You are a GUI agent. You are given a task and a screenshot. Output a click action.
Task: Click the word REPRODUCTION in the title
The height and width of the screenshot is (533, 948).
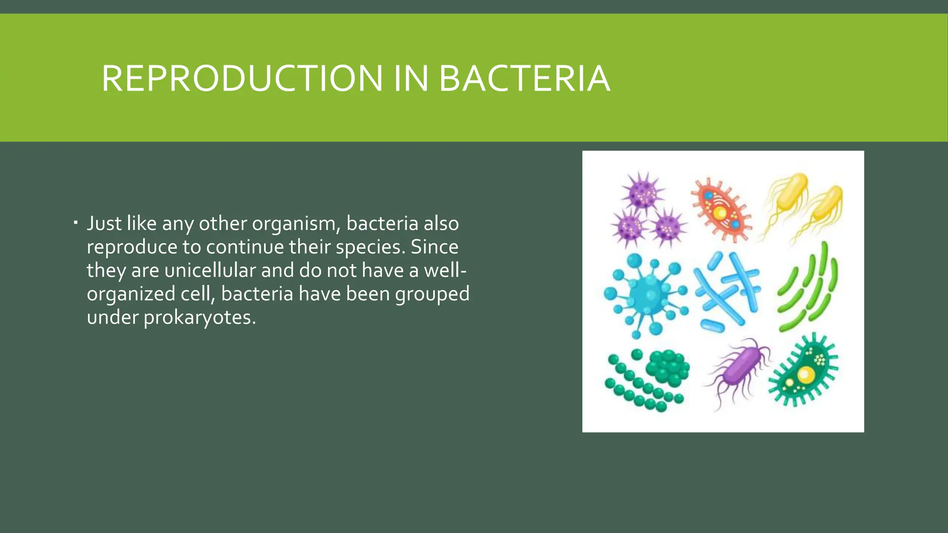click(x=242, y=79)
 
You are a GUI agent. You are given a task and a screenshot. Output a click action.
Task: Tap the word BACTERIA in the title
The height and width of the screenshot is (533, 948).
click(x=524, y=79)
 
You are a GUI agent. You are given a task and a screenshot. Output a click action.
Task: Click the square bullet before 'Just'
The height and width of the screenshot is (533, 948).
click(x=75, y=224)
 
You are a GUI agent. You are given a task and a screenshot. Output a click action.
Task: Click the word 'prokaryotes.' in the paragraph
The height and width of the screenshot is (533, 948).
click(x=200, y=318)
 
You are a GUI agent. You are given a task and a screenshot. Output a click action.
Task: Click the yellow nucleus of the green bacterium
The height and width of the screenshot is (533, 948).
click(x=805, y=374)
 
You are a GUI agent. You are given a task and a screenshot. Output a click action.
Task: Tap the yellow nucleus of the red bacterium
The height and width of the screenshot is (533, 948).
click(x=720, y=213)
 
